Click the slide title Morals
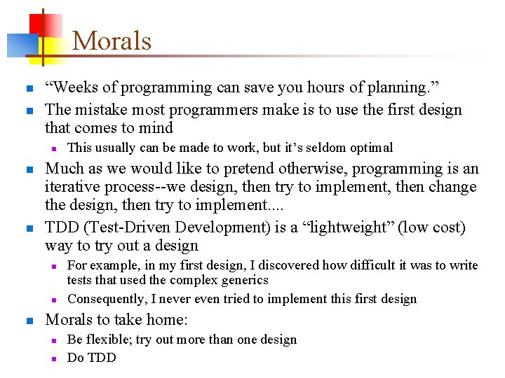click(x=112, y=41)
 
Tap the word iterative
click(x=74, y=188)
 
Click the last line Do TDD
click(x=91, y=358)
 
